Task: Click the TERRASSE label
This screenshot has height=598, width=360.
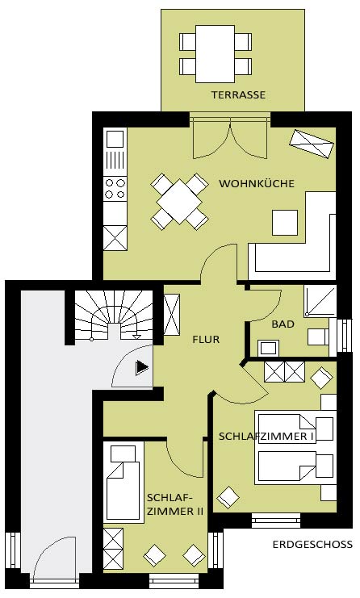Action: coord(238,94)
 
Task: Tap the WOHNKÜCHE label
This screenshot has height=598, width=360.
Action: coord(257,183)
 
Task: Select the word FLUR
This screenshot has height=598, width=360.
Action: coord(206,339)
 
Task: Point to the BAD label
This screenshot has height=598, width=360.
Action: coord(283,324)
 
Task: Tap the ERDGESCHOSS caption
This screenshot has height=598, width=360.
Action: coord(312,544)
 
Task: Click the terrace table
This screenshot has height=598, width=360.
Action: coord(215,54)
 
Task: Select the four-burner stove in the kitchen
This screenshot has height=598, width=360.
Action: coord(115,189)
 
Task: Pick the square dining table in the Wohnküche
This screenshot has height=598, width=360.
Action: coord(179,202)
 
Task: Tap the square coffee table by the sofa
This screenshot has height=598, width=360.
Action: coord(285,223)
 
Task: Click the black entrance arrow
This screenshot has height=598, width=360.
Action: coord(142,367)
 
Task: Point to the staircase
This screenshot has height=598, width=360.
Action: coord(114,315)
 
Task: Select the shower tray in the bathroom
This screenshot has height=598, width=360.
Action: coord(320,300)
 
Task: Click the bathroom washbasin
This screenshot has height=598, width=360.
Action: coord(268,348)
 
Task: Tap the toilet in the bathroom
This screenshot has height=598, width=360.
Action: coord(319,337)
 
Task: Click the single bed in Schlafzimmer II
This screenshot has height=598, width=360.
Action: coord(123,483)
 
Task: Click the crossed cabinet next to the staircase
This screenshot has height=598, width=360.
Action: coord(172,315)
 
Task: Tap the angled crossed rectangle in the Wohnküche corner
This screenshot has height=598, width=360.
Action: coord(312,144)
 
